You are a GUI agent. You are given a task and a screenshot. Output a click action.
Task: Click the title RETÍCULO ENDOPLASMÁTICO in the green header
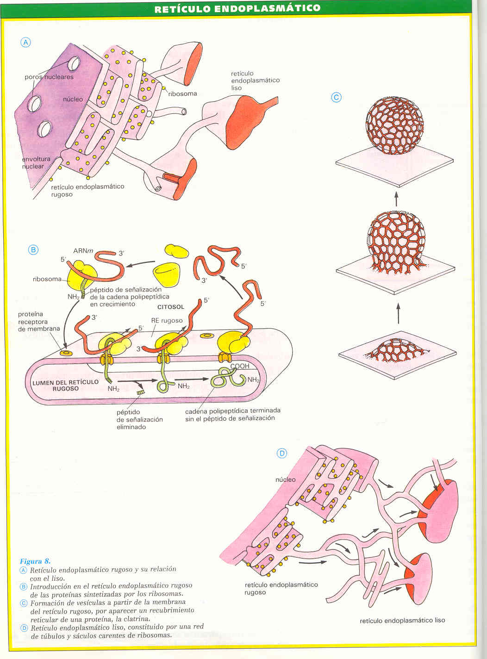(x=237, y=8)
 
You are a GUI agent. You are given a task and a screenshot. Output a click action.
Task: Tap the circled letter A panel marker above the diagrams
(x=26, y=43)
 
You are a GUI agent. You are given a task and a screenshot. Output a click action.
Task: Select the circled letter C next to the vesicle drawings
(x=336, y=98)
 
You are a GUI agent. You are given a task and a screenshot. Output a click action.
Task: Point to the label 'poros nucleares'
(x=49, y=77)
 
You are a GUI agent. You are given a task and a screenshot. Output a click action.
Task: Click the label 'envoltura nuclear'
(x=36, y=163)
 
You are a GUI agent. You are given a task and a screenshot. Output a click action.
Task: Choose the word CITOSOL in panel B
(x=171, y=307)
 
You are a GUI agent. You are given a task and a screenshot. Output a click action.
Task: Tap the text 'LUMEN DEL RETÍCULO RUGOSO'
(x=65, y=385)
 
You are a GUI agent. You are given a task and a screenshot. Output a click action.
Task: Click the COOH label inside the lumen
(x=240, y=366)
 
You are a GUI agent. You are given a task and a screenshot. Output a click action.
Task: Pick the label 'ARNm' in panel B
(x=83, y=251)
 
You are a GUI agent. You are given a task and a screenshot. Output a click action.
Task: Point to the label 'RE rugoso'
(x=167, y=321)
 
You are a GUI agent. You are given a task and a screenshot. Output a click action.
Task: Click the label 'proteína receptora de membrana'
(x=38, y=322)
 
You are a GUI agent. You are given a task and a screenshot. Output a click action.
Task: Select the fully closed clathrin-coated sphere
(x=394, y=125)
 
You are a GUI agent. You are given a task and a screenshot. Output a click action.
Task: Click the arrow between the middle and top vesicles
(x=396, y=199)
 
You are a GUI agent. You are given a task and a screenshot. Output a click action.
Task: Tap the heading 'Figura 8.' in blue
(x=35, y=561)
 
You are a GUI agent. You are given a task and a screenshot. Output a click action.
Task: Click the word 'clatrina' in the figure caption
(x=136, y=619)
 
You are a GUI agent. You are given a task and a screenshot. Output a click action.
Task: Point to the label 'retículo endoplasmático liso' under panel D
(x=402, y=621)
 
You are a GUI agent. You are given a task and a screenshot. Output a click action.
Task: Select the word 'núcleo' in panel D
(x=286, y=479)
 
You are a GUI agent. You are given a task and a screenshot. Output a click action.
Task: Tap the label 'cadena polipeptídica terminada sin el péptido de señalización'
(x=232, y=414)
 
